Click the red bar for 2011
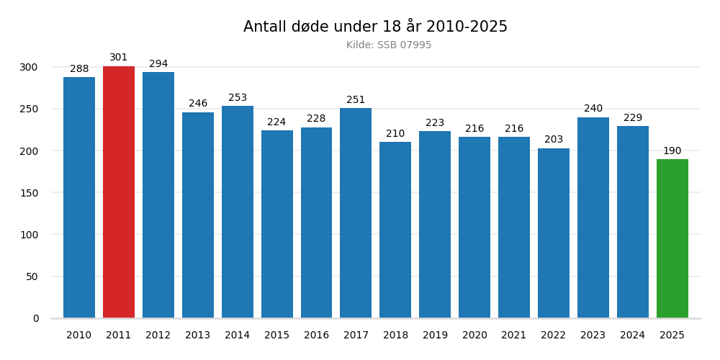coord(119,192)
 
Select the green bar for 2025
coord(672,238)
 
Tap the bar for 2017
coord(356,213)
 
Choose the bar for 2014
coord(238,212)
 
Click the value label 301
coord(119,58)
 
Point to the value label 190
coord(672,151)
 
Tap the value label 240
coord(593,109)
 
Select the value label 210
coord(395,134)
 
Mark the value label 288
coord(79,69)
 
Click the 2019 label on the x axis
coord(435,336)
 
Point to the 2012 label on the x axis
coord(158,336)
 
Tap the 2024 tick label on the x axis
coord(633,336)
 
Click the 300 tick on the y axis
coord(30,67)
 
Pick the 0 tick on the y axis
coord(36,318)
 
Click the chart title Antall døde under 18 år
coord(375,27)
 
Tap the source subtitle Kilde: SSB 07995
coord(389,45)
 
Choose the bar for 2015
coord(277,224)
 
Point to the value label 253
coord(238,98)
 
